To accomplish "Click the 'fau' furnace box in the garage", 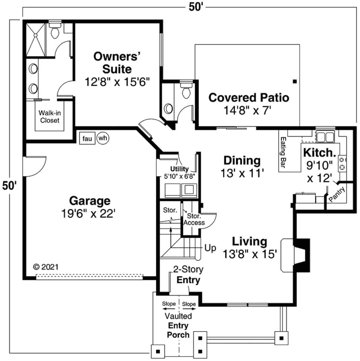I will click(x=87, y=139).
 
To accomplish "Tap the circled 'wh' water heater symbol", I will click(x=103, y=138).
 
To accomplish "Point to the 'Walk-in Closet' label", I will click(x=49, y=117).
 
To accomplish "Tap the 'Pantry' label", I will click(x=337, y=195).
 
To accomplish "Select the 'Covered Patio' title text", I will click(x=248, y=98).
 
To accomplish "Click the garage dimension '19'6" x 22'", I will click(x=88, y=214).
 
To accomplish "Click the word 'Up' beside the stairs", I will click(x=210, y=248).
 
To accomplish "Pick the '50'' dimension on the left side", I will click(x=9, y=185).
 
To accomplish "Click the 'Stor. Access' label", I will click(x=194, y=219).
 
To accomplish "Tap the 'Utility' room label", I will click(x=179, y=169).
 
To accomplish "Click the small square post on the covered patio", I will click(x=295, y=81).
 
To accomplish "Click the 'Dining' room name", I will click(x=242, y=160).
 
